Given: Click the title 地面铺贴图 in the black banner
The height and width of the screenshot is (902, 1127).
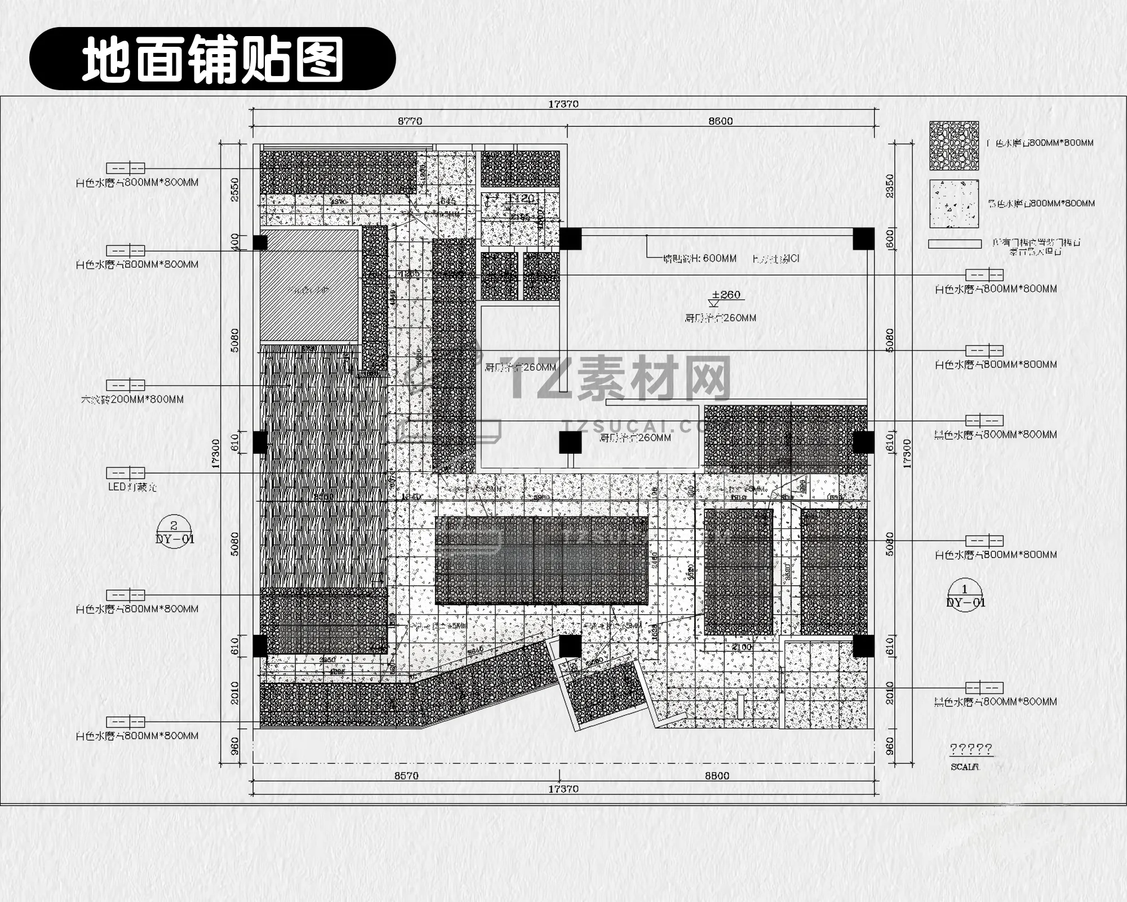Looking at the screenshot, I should coord(212,59).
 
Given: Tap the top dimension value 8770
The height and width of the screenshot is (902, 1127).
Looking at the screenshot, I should coord(410,121).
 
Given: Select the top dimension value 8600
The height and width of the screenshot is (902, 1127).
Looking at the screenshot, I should coord(720,121).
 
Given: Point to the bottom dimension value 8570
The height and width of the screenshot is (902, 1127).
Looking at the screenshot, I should coord(406,776).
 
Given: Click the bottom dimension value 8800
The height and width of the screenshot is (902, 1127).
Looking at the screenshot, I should coord(717,776).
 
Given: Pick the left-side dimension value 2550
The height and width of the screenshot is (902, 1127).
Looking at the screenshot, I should coord(235,189).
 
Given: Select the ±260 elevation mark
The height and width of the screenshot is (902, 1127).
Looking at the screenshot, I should coord(726,295).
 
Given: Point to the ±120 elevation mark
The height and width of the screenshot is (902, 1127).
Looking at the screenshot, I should coord(520,198).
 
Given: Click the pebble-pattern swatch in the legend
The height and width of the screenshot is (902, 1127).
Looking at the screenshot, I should coord(954,145).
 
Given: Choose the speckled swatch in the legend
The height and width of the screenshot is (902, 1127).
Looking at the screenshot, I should coord(954,204).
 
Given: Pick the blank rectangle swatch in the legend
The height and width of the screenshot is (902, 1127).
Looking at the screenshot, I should coord(955,244).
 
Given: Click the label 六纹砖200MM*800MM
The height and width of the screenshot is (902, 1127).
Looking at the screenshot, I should coord(132,400).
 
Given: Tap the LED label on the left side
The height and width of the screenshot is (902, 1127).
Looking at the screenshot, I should coord(132,487).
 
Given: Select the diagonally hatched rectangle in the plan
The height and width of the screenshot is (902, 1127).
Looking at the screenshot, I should coord(309,286).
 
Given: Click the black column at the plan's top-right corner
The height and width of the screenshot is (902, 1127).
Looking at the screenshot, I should coord(863,238).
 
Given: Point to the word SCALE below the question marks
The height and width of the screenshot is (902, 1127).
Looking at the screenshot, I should coord(965,767).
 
